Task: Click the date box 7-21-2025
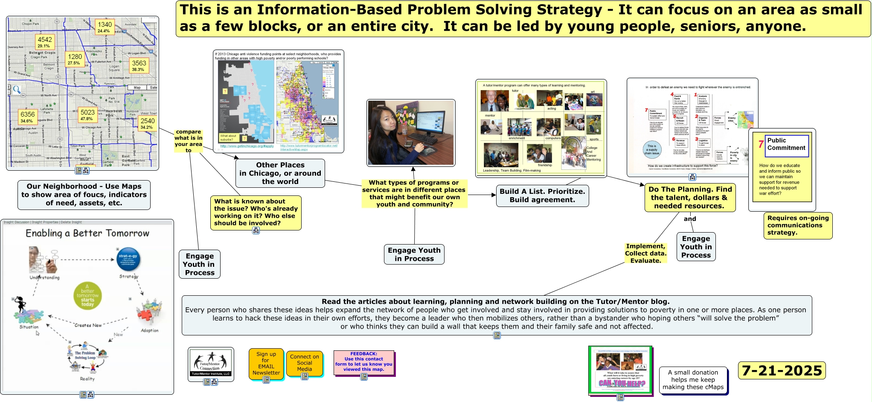[782, 370]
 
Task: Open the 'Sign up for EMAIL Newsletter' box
[266, 364]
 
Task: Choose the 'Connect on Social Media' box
[304, 363]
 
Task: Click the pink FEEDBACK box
[363, 362]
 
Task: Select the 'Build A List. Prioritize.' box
[542, 195]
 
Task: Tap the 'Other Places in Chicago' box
[280, 173]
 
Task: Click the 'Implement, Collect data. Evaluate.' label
[645, 253]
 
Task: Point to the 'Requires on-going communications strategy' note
[798, 225]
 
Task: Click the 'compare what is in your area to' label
[188, 141]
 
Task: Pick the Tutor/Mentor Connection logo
[210, 363]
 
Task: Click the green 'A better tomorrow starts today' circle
[87, 295]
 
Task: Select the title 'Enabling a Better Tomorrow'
[87, 233]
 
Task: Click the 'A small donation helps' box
[693, 380]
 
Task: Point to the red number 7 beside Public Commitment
[761, 144]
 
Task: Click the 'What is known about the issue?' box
[256, 212]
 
